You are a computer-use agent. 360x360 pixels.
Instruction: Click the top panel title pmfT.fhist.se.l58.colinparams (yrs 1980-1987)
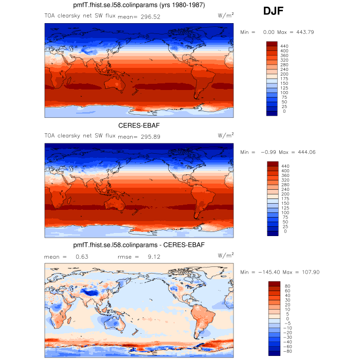pos(139,6)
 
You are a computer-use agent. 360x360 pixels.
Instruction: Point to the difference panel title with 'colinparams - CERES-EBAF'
pos(139,245)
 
